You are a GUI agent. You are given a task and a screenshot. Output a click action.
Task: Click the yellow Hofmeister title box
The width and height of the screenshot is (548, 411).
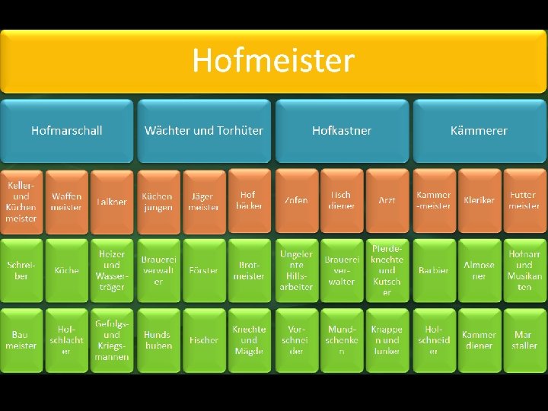(273, 61)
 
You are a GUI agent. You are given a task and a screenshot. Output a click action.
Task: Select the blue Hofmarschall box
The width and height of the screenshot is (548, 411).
(67, 130)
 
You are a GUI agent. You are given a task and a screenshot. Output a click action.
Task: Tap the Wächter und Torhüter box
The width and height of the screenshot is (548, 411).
(204, 130)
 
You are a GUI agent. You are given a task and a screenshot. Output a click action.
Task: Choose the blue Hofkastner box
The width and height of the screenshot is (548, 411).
(342, 130)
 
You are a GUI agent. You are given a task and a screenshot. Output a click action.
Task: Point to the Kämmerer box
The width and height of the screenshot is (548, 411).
(479, 130)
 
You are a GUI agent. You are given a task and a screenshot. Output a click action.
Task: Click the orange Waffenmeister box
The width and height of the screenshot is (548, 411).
(66, 201)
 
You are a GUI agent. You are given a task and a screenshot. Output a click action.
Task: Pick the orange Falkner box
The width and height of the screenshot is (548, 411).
(111, 201)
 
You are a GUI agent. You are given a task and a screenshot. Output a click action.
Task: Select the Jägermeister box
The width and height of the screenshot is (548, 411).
(204, 201)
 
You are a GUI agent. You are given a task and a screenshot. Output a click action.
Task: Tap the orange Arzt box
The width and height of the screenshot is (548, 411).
(387, 201)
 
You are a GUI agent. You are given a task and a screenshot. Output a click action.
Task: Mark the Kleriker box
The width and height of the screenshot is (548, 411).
(479, 201)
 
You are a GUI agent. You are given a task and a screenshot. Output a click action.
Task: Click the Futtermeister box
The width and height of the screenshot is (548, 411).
(524, 201)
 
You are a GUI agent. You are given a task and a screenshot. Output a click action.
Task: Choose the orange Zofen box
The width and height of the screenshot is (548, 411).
(296, 201)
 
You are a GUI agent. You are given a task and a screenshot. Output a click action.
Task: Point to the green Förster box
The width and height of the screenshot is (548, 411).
(204, 270)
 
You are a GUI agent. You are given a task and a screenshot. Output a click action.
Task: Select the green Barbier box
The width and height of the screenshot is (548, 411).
(433, 270)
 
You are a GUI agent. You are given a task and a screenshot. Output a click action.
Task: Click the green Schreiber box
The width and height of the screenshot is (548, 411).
(21, 270)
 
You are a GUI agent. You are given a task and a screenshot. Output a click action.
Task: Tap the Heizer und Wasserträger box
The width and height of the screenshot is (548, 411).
(111, 270)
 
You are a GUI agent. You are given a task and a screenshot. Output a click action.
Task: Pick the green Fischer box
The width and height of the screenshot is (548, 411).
(204, 340)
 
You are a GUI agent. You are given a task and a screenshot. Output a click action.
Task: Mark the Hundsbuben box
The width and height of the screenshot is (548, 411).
(158, 340)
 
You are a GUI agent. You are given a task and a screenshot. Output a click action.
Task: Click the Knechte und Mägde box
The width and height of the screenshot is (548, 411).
(250, 340)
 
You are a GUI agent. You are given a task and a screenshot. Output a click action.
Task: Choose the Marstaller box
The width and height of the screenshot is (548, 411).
(524, 340)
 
